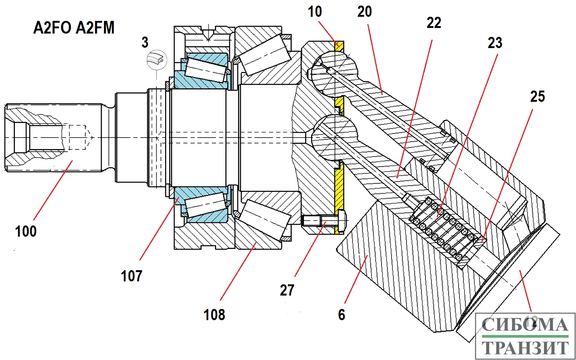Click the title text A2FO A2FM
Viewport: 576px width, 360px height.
point(74,28)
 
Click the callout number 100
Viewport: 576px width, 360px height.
point(26,231)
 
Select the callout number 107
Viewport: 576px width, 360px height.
point(131,276)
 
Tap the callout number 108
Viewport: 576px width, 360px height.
point(214,315)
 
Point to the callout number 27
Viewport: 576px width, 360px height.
point(287,290)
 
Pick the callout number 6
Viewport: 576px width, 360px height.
point(341,315)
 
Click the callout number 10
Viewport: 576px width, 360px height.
point(314,12)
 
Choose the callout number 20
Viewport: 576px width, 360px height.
point(364,12)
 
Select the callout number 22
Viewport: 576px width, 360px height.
point(434,23)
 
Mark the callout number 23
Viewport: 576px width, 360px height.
point(495,43)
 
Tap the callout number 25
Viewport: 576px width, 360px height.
point(537,97)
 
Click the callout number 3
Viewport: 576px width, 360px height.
point(145,42)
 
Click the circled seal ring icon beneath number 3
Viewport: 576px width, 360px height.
point(157,60)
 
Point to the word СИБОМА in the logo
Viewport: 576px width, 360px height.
point(525,325)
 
